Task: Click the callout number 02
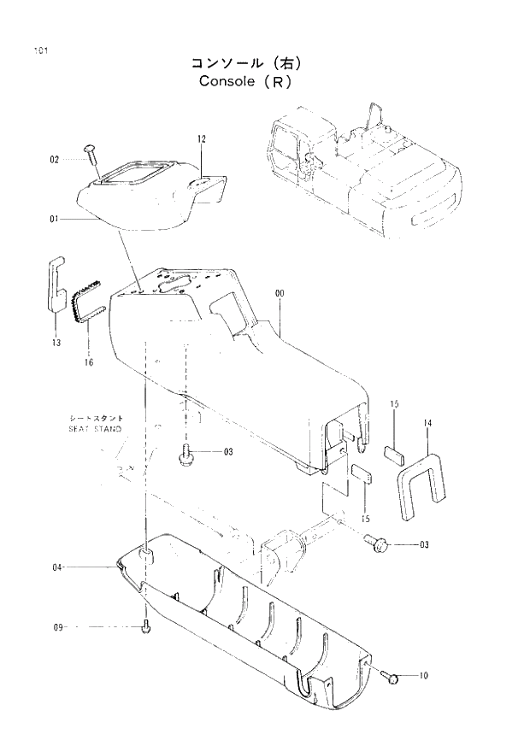click(x=54, y=160)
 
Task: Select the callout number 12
click(x=202, y=138)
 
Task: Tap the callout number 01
click(x=54, y=220)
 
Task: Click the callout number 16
click(x=90, y=362)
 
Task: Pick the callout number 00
click(x=280, y=294)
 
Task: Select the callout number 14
click(x=427, y=423)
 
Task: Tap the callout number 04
click(x=57, y=567)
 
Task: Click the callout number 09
click(x=58, y=628)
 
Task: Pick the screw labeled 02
click(x=91, y=157)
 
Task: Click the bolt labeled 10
click(x=392, y=677)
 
